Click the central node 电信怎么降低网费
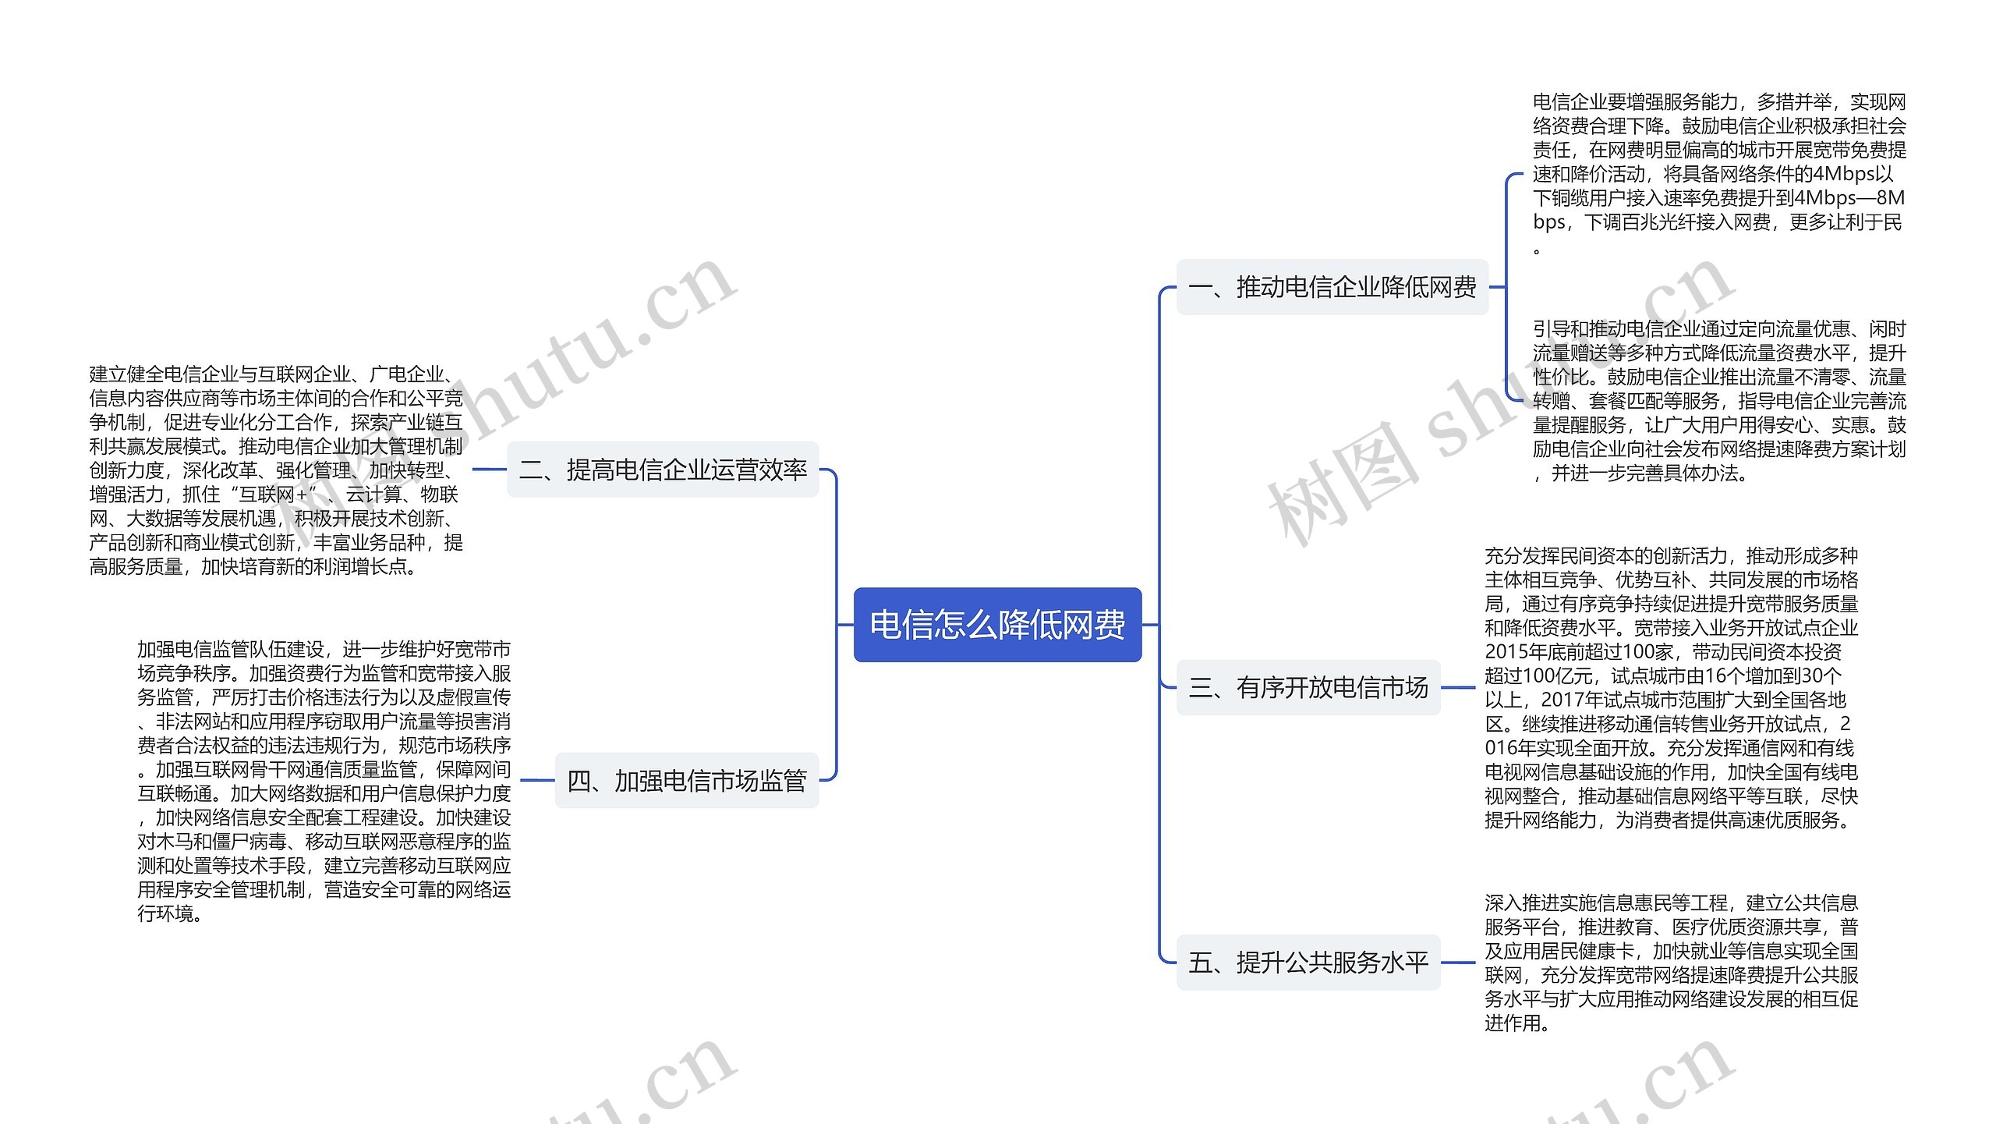click(997, 625)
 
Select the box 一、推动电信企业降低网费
click(1332, 287)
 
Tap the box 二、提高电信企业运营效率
click(663, 470)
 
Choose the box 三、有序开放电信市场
click(1308, 687)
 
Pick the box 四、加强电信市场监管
click(686, 780)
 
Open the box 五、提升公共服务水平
click(1308, 963)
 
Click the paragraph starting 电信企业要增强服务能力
click(1718, 173)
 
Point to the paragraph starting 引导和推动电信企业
click(1718, 400)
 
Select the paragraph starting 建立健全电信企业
click(276, 470)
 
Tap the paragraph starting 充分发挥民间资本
click(1671, 687)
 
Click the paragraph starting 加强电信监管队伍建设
click(324, 781)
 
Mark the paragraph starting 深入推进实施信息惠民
click(1671, 963)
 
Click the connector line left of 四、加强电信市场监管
click(536, 780)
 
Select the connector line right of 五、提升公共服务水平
click(1458, 963)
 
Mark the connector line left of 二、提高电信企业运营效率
click(489, 470)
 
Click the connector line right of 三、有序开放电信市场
click(1458, 687)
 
